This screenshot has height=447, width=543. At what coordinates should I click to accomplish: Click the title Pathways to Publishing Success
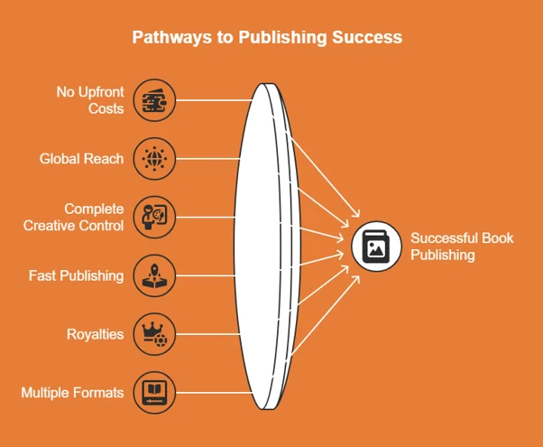coord(267,38)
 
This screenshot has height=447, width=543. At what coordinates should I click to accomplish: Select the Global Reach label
coord(81,159)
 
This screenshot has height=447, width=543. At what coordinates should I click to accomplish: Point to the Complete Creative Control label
coord(74,217)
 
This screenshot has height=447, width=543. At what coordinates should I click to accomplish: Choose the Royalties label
coord(95,334)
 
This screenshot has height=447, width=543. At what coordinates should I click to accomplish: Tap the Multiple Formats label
coord(73,393)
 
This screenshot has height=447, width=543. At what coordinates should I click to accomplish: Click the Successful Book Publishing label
coord(462,246)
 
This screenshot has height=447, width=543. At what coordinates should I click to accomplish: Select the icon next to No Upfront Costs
coord(154,99)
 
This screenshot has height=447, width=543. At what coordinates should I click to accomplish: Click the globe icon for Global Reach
coord(154,159)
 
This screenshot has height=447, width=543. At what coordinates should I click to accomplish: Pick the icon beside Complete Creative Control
coord(154,217)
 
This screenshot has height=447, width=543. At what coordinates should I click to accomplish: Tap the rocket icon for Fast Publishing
coord(154,275)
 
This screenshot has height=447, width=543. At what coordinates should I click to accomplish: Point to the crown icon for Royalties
coord(154,334)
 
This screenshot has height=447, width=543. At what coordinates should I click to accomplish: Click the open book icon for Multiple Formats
coord(154,393)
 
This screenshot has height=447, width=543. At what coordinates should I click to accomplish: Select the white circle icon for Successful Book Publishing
coord(375,246)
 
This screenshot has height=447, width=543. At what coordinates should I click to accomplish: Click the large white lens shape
coord(262,244)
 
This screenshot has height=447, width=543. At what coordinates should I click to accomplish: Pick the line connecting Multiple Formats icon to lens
coord(212,393)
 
